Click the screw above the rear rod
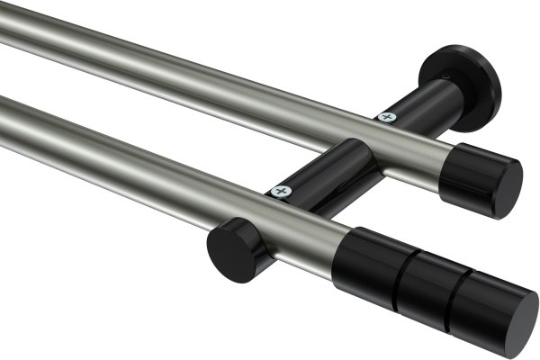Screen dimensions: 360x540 pyautogui.click(x=388, y=116)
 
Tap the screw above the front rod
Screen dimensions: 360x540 pyautogui.click(x=282, y=191)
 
